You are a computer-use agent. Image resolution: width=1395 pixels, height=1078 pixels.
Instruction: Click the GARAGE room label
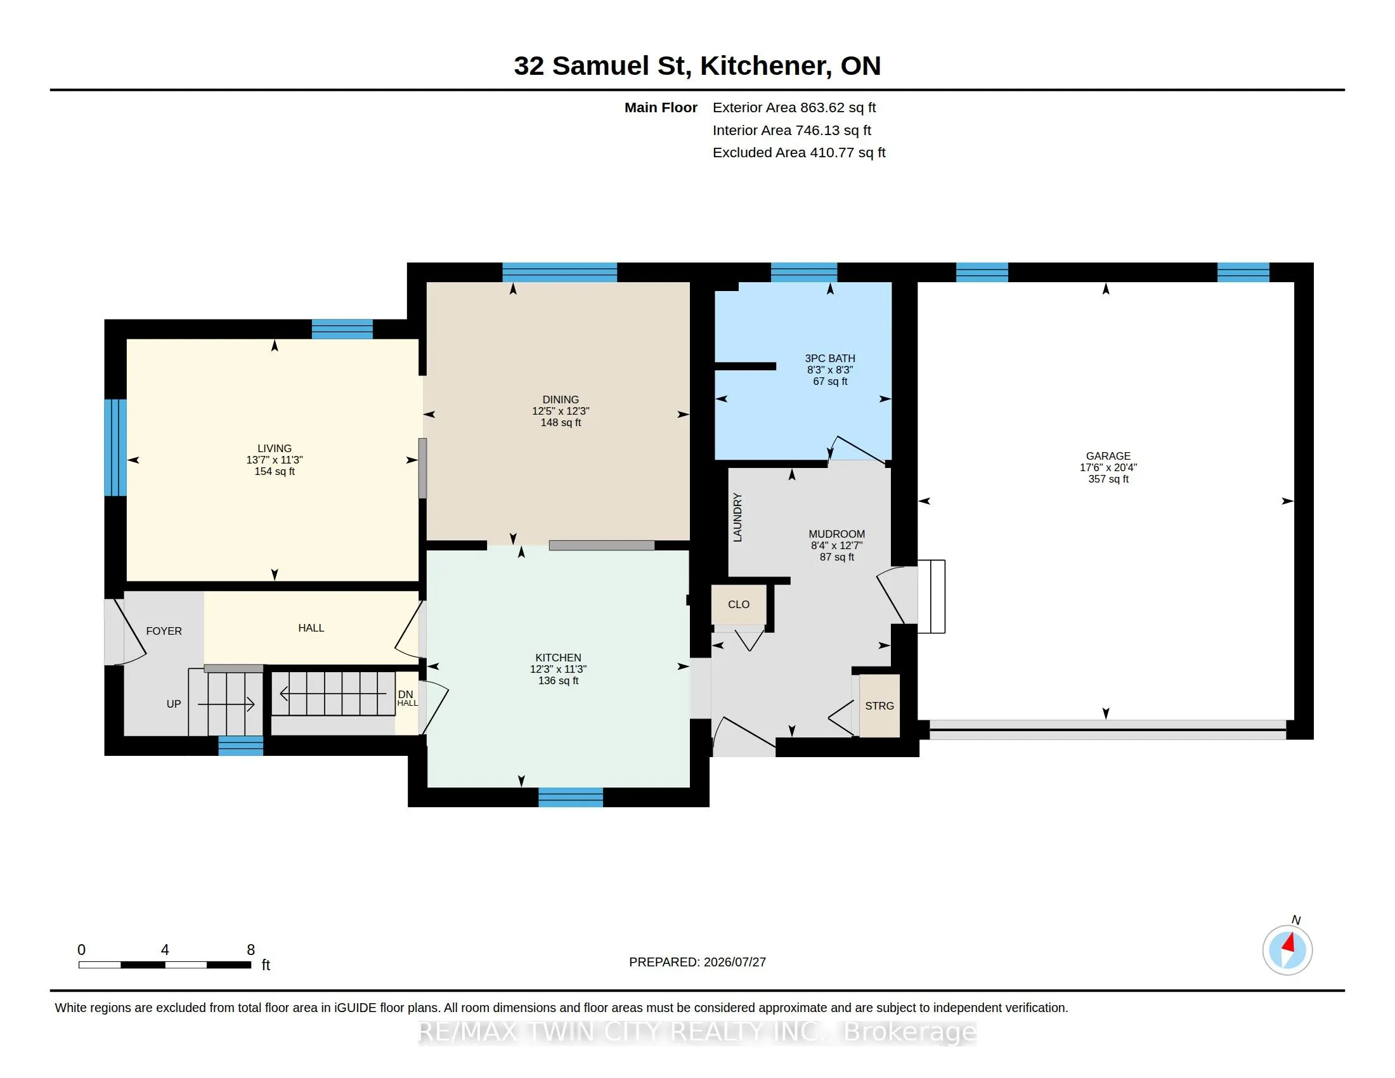coord(1108,456)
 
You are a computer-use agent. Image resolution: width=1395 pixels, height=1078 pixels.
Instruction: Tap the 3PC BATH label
coord(830,358)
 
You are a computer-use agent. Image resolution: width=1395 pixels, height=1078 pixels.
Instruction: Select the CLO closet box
coord(739,605)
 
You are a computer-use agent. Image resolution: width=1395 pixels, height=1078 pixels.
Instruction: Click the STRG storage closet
coord(879,706)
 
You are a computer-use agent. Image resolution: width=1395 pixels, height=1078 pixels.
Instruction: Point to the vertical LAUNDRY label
coord(737,517)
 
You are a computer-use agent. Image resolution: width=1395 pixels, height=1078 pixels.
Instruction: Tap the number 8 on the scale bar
coord(251,950)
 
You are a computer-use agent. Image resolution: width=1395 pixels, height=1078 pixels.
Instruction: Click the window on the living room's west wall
coord(115,448)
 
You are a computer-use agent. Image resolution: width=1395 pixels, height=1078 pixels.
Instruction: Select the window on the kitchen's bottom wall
coord(571,798)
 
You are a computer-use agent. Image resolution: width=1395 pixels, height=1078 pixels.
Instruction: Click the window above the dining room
coord(559,273)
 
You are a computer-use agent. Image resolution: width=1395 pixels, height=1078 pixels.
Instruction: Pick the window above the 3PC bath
coord(803,273)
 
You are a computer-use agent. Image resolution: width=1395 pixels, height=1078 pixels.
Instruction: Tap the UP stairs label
coord(174,704)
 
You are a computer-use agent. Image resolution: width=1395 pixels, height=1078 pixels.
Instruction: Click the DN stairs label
coord(406,694)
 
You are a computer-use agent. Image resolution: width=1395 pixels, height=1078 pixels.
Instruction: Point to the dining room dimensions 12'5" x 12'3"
coord(561,412)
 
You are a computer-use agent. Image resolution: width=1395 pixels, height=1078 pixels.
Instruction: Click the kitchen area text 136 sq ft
coord(558,681)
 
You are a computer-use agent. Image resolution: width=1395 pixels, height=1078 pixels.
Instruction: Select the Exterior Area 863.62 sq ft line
coord(794,107)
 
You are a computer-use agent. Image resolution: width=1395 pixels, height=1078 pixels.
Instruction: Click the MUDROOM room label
coord(837,534)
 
